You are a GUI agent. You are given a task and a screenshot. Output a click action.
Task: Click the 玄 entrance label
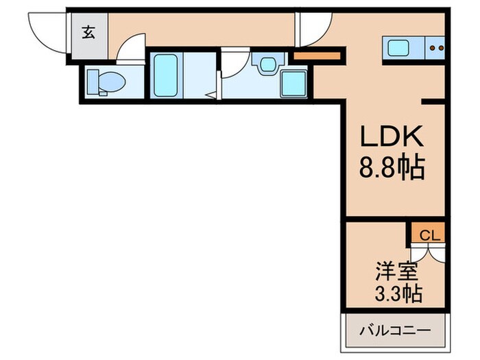(89, 32)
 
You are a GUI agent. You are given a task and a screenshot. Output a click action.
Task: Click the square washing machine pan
(293, 84)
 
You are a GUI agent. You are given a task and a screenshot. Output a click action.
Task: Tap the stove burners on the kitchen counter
(436, 47)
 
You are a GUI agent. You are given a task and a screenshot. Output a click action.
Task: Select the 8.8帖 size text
(394, 166)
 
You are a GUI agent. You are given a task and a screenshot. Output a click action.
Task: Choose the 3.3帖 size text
(398, 294)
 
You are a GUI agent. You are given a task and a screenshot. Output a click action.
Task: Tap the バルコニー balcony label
(396, 331)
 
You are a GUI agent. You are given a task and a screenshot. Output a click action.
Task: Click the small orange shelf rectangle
(317, 55)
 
